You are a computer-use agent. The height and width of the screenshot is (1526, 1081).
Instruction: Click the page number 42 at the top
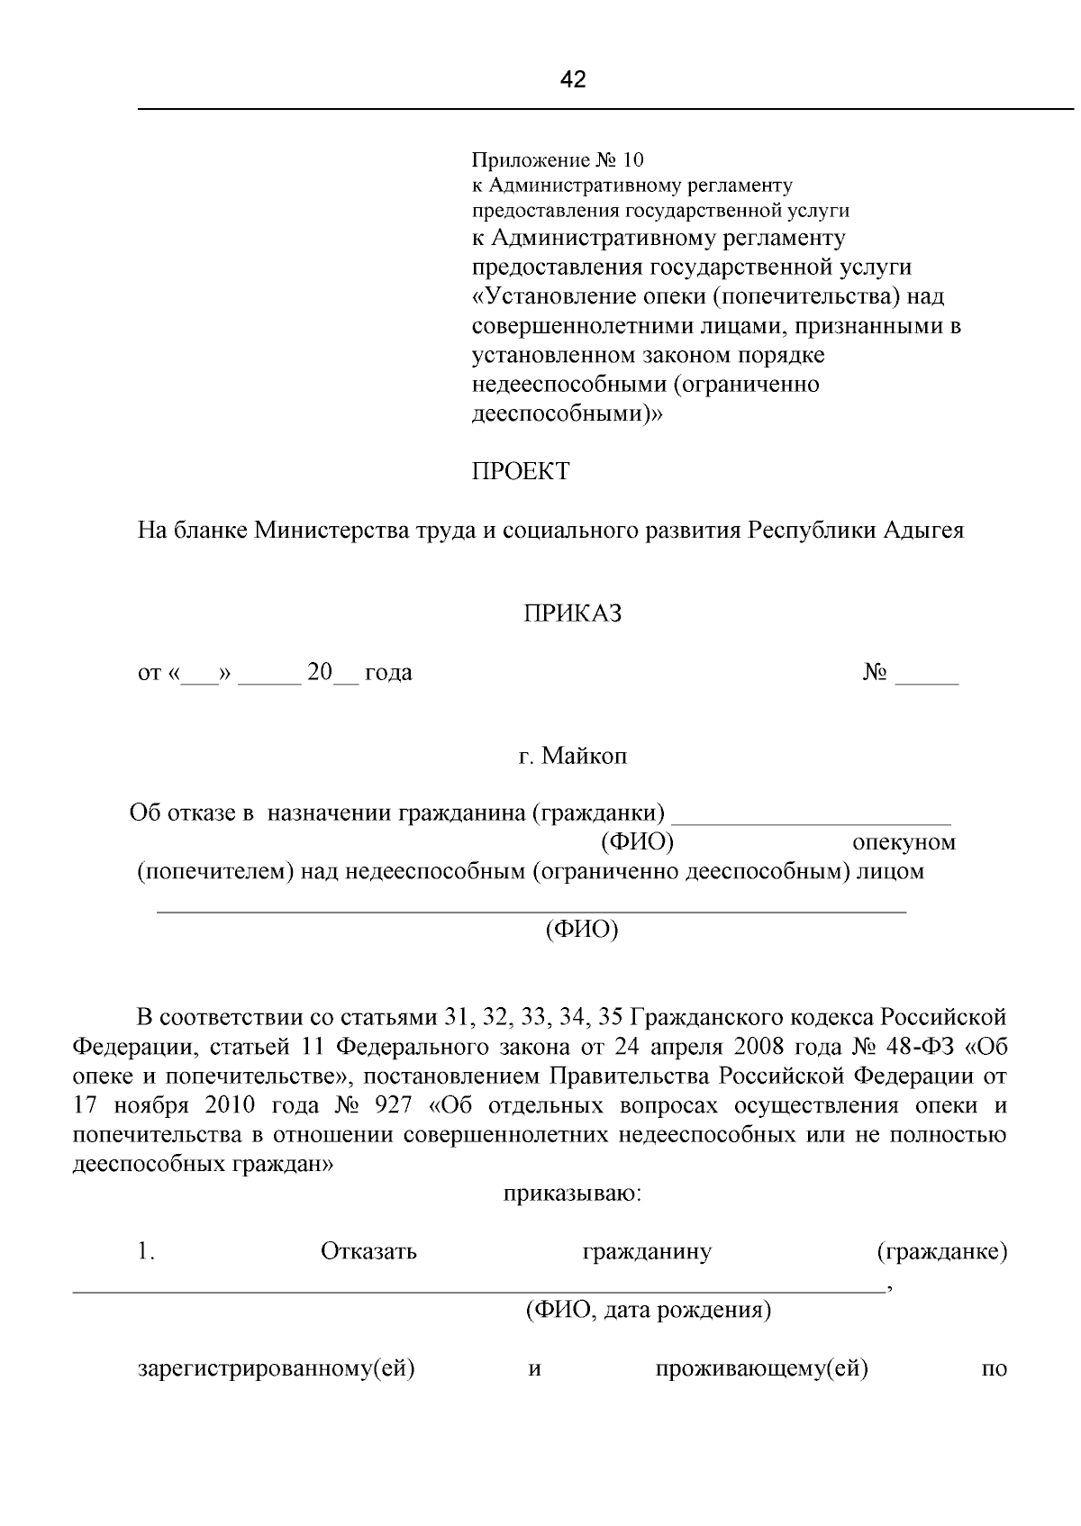(573, 80)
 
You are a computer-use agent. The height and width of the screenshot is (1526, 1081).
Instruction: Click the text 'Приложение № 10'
(559, 160)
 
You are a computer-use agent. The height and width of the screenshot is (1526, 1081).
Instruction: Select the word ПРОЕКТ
(521, 471)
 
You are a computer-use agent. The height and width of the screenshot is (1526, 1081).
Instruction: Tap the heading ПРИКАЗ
(573, 614)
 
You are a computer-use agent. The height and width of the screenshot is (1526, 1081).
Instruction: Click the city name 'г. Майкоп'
(573, 756)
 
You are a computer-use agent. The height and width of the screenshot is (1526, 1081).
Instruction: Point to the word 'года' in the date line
(388, 672)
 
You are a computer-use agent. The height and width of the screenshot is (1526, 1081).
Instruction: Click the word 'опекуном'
(904, 843)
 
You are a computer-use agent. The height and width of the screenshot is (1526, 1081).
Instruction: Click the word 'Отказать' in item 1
(368, 1252)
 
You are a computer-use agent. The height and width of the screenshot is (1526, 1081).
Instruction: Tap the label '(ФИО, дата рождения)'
(649, 1310)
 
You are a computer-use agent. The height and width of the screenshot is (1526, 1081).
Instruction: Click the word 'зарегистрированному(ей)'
(275, 1369)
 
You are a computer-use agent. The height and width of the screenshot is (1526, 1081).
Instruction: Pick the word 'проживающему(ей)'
(761, 1369)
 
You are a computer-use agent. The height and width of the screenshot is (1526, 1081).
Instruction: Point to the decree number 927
(401, 1105)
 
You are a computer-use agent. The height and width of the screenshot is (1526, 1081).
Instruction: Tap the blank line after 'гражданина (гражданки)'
(812, 816)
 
